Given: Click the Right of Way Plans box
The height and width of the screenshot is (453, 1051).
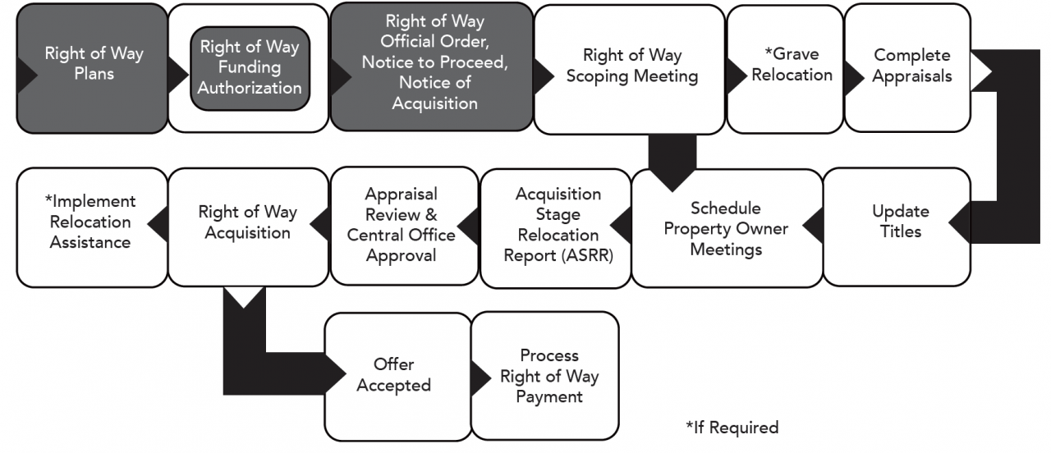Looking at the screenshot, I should [92, 66].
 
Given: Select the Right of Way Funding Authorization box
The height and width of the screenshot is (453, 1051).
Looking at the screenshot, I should [250, 68].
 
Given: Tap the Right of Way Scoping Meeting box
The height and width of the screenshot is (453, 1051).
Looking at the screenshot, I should [631, 66].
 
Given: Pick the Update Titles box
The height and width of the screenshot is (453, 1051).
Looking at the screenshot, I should [900, 222].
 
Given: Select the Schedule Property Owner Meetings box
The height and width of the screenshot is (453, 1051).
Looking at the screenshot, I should [725, 228].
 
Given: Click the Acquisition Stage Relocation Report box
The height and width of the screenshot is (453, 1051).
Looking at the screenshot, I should [558, 225].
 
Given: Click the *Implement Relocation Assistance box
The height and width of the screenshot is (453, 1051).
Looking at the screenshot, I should [89, 222].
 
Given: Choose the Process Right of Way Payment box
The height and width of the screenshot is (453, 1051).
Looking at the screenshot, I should [548, 376].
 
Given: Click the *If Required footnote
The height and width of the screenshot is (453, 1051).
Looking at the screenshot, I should [731, 428].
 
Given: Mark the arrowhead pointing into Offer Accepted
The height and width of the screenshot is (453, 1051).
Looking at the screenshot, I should [335, 375].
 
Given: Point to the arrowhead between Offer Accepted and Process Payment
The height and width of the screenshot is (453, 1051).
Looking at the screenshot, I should [479, 375].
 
